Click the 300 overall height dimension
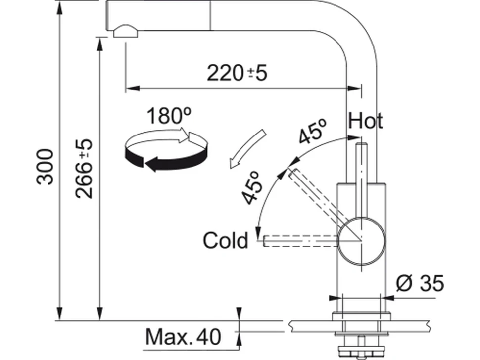point(45,167)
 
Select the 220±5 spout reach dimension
point(237,73)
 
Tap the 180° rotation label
point(169,116)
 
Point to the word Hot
point(365,121)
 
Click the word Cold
point(226,240)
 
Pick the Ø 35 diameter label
point(420,283)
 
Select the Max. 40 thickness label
point(183,337)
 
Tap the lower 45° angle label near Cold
point(252,187)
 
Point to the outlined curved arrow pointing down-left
point(247,149)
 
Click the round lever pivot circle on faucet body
point(362,240)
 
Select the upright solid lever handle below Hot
point(362,180)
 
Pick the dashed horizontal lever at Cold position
point(300,241)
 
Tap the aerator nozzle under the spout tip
point(126,32)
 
